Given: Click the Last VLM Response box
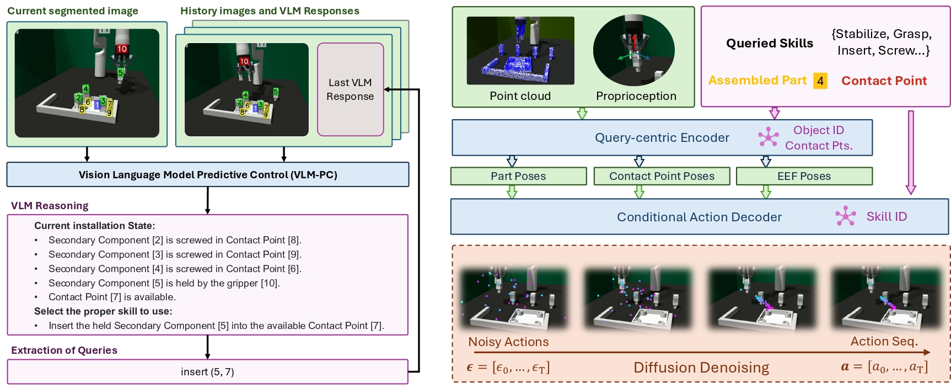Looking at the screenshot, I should [x=350, y=89].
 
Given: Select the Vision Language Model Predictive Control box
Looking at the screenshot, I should [x=208, y=175].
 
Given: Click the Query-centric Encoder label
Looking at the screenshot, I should [x=662, y=138].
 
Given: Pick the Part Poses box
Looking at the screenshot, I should [x=518, y=176].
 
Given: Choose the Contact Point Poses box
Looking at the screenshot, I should [x=662, y=176].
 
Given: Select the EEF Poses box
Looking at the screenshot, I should [x=804, y=176].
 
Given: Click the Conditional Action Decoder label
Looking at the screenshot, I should [x=699, y=217].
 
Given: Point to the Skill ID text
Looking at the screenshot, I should [x=886, y=217].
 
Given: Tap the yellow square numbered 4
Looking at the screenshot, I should [x=820, y=81].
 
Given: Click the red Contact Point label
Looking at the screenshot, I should [x=884, y=81].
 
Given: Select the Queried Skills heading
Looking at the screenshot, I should [x=769, y=44].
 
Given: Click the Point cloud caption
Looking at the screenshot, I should [x=520, y=96].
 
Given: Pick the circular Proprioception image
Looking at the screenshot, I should [x=634, y=50].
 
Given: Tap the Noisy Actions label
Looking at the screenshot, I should [x=508, y=342].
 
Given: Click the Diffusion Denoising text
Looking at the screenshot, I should [x=701, y=368].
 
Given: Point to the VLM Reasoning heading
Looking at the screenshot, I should [x=50, y=206].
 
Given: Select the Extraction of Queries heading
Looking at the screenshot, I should [x=64, y=350].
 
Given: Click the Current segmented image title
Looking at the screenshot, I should [x=73, y=11].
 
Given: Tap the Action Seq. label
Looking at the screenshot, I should [x=884, y=342].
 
